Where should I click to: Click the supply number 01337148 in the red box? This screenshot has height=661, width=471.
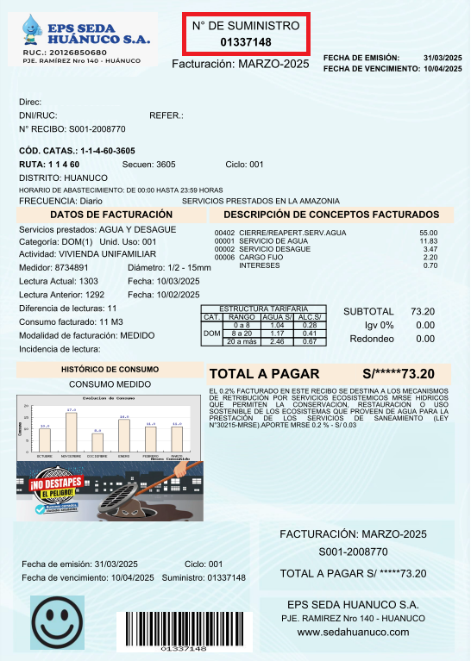(246, 42)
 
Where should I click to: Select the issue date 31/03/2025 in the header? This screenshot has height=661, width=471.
(443, 57)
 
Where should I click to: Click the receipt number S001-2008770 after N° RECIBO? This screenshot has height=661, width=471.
(97, 128)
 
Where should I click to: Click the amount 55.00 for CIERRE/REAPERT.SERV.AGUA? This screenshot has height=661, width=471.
(428, 234)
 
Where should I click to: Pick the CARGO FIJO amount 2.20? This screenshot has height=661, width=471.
(430, 258)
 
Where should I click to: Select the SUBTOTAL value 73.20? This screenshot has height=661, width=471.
(422, 311)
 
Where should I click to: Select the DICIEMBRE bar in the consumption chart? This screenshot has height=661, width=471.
(97, 440)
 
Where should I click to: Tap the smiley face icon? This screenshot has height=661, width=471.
(57, 621)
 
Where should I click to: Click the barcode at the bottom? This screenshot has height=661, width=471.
(184, 627)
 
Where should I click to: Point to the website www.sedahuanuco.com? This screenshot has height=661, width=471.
(353, 633)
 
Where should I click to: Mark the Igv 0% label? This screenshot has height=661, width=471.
(379, 325)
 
